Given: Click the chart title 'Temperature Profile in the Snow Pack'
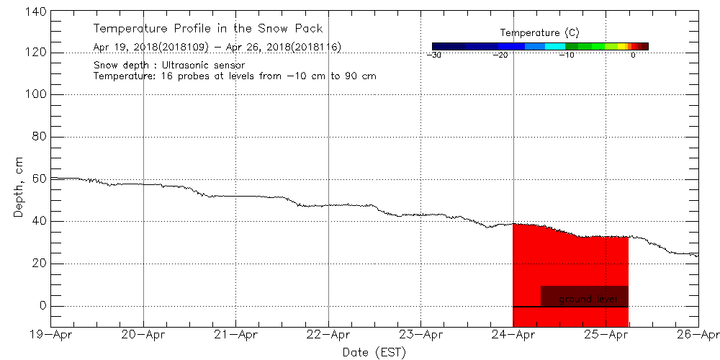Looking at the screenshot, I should click(208, 29).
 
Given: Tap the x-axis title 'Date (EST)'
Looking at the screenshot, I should click(374, 351).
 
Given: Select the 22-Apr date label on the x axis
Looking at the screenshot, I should click(329, 334).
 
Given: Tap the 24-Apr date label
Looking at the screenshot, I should click(513, 334).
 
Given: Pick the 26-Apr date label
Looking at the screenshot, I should click(698, 334).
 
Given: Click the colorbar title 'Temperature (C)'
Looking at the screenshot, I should click(539, 33).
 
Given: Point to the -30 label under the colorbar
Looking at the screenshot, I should click(433, 55).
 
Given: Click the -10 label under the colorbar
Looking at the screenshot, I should click(567, 55).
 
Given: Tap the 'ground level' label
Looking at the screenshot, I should click(588, 299).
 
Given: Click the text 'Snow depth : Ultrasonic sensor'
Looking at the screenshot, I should click(169, 65).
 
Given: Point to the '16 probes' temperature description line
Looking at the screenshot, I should click(235, 76).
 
